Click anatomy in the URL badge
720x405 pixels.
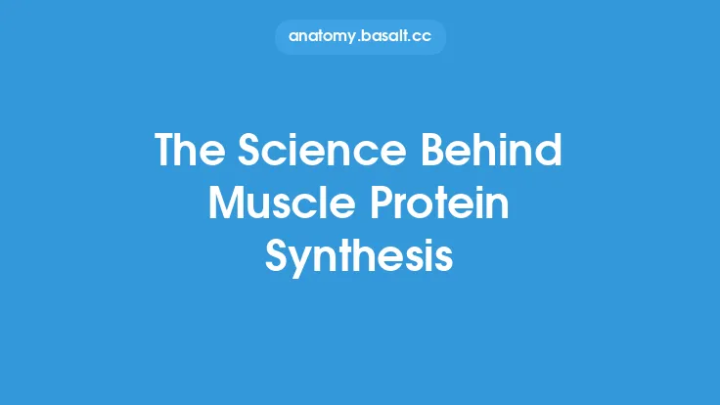324,36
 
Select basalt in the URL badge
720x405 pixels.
386,36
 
